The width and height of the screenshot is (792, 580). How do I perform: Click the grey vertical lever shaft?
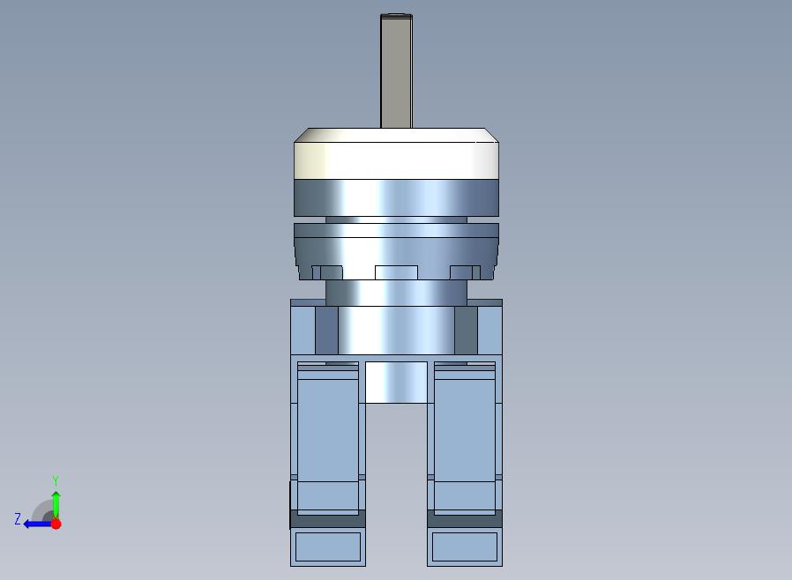point(396,71)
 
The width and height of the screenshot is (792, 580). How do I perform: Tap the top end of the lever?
point(397,15)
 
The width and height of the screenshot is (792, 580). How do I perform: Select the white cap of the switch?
point(397,153)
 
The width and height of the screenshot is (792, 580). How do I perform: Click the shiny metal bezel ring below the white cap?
point(397,197)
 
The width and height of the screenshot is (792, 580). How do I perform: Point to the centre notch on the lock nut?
point(397,272)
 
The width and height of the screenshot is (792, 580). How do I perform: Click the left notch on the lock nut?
point(327,272)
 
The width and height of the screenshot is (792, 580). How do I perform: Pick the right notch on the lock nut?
point(465,272)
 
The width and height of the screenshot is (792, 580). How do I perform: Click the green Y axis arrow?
point(56,504)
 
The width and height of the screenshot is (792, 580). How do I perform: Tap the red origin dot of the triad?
point(56,524)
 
